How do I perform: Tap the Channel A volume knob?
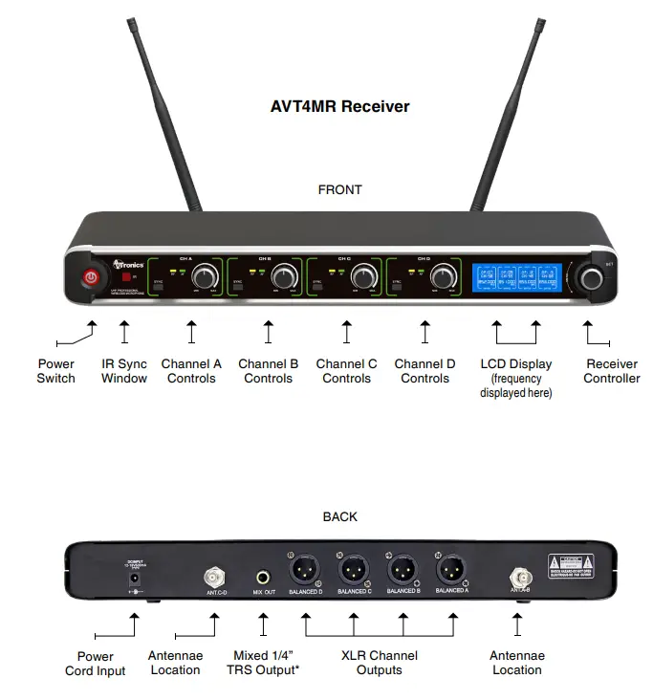[x=204, y=277]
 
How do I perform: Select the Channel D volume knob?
[x=442, y=277]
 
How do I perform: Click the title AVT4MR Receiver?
[x=339, y=106]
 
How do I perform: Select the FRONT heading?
[x=339, y=189]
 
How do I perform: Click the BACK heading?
[x=339, y=516]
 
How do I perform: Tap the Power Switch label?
[x=55, y=371]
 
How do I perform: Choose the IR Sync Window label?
[x=124, y=371]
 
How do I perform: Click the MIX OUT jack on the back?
[x=263, y=578]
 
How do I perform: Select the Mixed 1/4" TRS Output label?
[x=264, y=663]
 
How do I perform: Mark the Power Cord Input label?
[x=96, y=663]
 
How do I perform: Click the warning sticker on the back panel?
[x=577, y=563]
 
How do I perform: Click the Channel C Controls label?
[x=346, y=371]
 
